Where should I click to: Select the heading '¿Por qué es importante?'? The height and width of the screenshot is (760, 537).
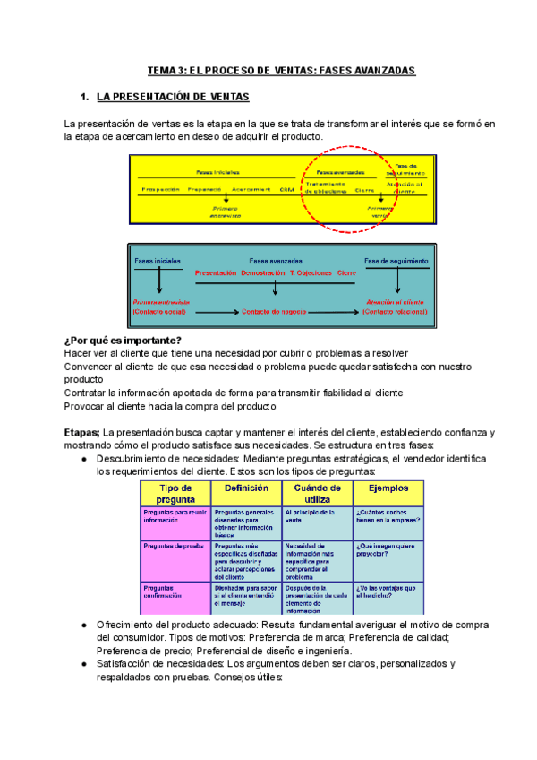(x=123, y=340)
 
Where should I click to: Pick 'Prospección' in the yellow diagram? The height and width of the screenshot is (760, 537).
(x=159, y=190)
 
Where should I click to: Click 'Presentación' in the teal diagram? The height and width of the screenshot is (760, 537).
(x=215, y=272)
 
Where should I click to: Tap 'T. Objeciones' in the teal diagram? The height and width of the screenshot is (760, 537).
(x=311, y=272)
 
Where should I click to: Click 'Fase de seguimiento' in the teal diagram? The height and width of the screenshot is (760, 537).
(x=396, y=262)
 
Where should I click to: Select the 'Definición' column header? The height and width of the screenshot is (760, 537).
(x=245, y=488)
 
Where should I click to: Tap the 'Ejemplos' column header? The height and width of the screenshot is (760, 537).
(x=387, y=488)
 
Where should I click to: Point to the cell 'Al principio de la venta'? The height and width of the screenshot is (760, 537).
(x=313, y=516)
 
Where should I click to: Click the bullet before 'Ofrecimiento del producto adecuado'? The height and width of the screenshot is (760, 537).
(x=83, y=625)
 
